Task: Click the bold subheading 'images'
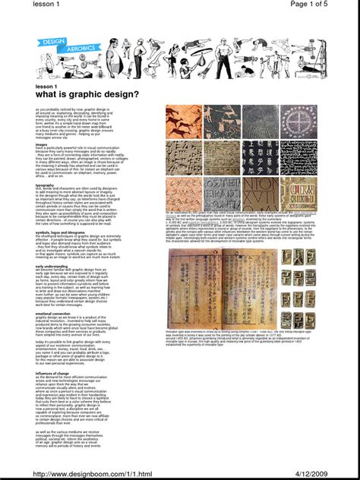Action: coord(41,144)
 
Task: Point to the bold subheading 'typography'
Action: coord(45,185)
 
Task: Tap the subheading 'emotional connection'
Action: coord(53,314)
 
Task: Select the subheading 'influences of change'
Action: coord(53,373)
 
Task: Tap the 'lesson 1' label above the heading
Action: coord(46,87)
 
